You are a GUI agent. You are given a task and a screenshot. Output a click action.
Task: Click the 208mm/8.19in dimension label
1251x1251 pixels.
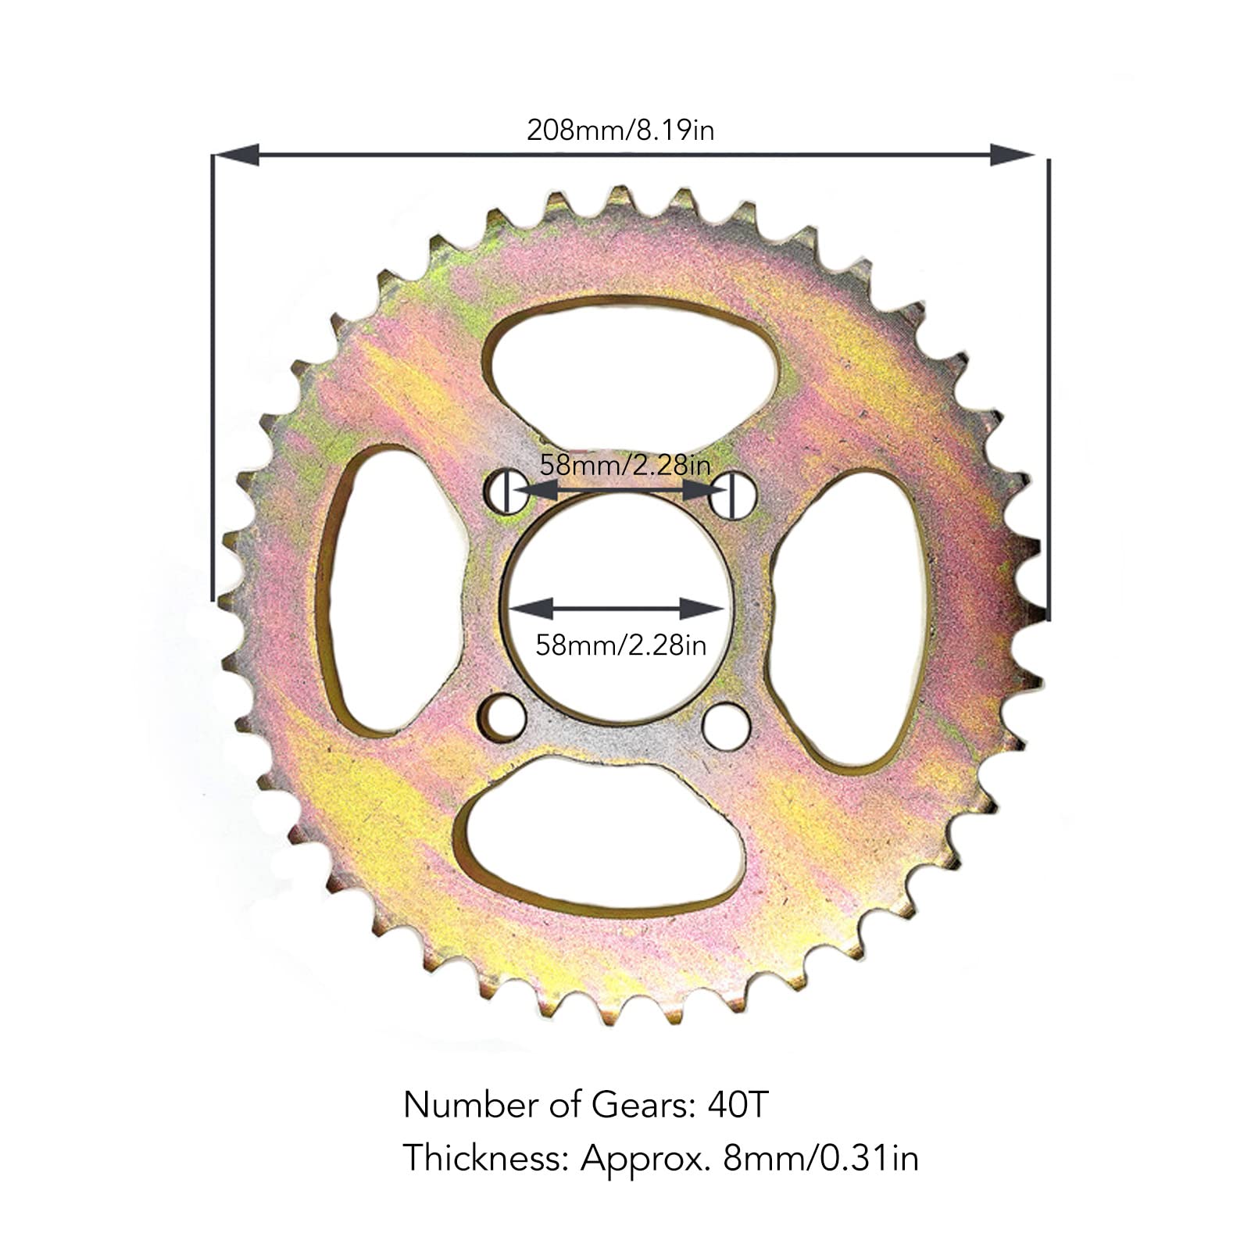620,130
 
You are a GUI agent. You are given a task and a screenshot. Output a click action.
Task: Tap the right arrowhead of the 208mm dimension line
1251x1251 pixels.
1011,155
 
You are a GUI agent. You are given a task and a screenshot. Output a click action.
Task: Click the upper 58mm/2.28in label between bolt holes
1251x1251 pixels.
625,466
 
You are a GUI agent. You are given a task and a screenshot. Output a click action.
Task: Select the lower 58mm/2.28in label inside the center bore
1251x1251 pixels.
620,645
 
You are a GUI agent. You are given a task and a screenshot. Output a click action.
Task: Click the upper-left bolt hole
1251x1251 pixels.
506,491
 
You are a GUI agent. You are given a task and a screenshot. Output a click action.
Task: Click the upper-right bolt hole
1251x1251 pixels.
734,495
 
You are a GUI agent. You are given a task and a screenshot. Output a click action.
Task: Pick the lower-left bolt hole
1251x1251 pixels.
502,717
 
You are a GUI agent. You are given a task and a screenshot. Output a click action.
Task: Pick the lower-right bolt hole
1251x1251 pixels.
726,726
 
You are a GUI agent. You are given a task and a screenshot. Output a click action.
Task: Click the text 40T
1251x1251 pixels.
738,1105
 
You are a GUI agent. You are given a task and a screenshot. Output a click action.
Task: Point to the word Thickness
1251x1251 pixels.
484,1157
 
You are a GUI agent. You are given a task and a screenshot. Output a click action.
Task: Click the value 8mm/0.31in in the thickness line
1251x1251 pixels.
820,1157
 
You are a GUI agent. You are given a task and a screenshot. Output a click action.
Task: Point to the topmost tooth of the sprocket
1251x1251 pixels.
620,195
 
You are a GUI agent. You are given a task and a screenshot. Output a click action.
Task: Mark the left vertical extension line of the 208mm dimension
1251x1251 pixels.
213,375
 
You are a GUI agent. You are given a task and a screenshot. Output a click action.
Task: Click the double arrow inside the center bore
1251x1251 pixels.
617,608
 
